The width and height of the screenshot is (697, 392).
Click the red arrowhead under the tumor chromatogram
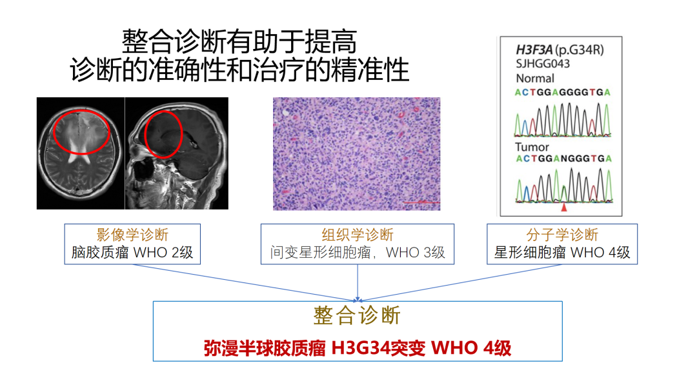tap(564, 208)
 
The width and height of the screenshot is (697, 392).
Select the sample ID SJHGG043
tap(543, 64)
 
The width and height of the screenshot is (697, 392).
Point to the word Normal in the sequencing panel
tap(535, 79)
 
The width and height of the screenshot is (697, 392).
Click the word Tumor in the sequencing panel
tap(532, 147)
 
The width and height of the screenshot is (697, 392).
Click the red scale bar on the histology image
tap(421, 202)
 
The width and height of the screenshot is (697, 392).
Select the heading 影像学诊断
tap(132, 235)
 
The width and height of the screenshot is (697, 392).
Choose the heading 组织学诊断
tap(358, 235)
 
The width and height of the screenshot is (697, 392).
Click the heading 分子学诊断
tap(562, 235)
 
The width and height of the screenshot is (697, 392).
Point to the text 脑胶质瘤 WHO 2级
tap(132, 252)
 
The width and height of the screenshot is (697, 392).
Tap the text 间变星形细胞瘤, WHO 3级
tap(358, 252)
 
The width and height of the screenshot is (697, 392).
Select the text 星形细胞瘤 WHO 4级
tap(562, 252)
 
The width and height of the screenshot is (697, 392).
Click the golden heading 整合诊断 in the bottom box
tap(357, 316)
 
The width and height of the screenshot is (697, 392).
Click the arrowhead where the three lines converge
tap(358, 300)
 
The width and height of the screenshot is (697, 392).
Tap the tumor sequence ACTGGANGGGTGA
tap(563, 159)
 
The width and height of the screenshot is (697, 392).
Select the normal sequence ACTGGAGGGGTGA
tap(563, 92)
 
